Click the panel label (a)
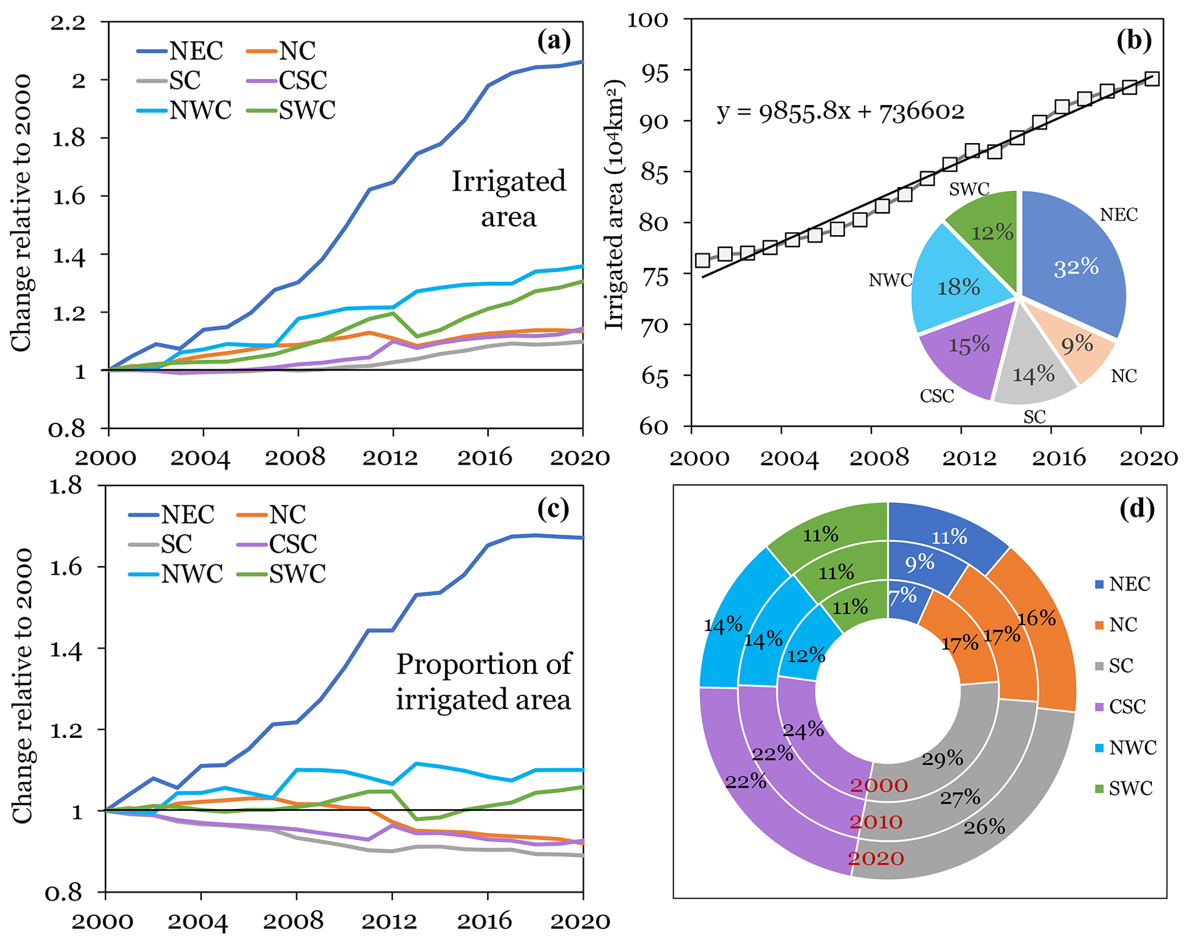coord(553,41)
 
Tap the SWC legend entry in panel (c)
coord(282,573)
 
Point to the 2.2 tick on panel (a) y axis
coord(68,23)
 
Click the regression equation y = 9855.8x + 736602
coord(840,111)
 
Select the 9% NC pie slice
coord(1076,345)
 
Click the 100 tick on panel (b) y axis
coord(648,20)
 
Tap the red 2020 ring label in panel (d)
coord(876,859)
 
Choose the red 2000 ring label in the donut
coord(879,786)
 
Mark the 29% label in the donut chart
coord(943,759)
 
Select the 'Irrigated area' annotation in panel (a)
coord(509,199)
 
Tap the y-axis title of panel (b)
coord(615,205)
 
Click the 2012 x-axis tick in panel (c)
coord(392,922)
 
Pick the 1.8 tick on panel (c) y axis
coord(68,487)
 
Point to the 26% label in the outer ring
coord(984,827)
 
